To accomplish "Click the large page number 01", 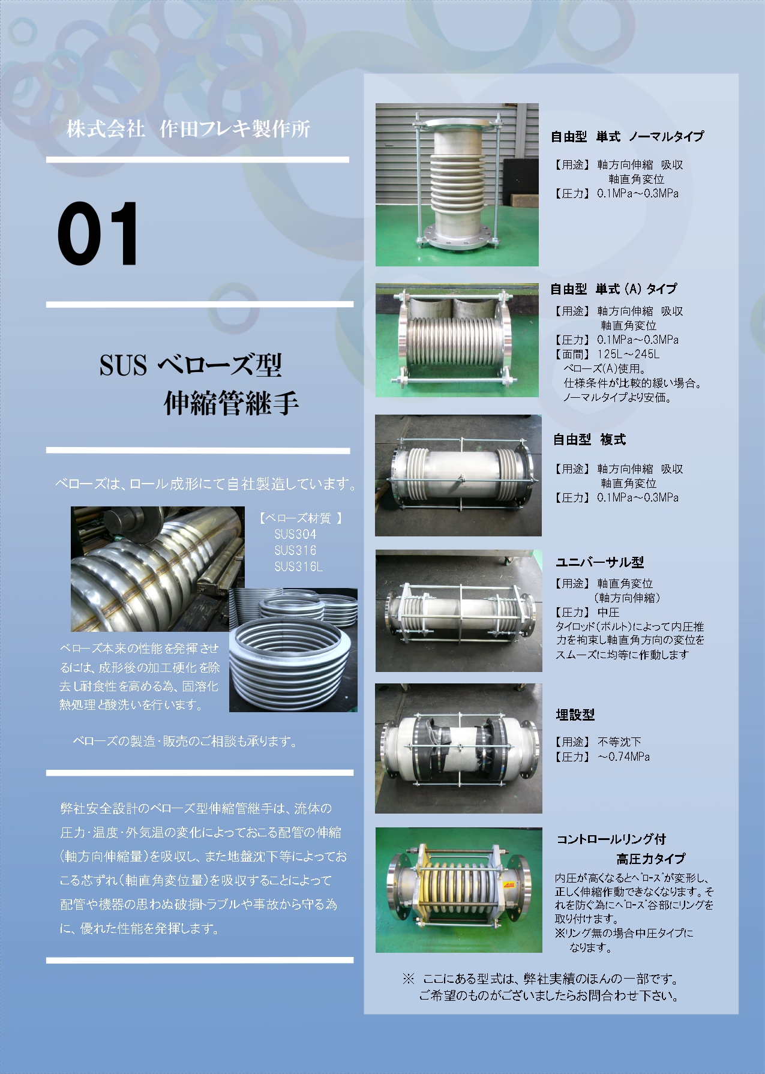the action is click(x=98, y=234).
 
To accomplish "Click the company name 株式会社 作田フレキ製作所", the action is click(x=188, y=129).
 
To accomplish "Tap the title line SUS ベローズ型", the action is click(x=190, y=365).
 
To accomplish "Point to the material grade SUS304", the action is click(x=295, y=534).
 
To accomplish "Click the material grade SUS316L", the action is click(x=298, y=566).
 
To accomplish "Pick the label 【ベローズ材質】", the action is click(x=301, y=518).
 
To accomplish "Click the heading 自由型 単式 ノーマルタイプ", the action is click(x=627, y=137).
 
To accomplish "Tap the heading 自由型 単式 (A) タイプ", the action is click(x=613, y=289).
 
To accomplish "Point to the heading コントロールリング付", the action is click(x=611, y=839).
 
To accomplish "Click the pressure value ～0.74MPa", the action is click(x=623, y=757).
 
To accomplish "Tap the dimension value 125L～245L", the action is click(x=628, y=354).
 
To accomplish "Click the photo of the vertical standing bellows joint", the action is click(x=457, y=185).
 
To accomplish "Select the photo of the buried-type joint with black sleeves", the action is click(x=458, y=748).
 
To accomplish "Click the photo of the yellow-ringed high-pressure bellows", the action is click(x=459, y=890).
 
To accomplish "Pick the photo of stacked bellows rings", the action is click(x=293, y=650).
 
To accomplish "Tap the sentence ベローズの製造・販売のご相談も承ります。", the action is click(x=185, y=742).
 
